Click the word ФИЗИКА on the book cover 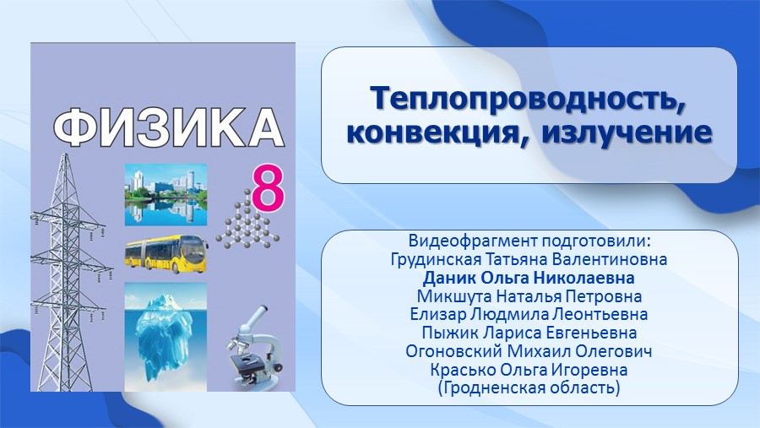168,127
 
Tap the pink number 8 268,189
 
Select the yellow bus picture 166,254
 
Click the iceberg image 166,337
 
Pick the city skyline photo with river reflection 166,194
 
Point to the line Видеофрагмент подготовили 529,241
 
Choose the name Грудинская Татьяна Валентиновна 529,259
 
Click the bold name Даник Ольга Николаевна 529,278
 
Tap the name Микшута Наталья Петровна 529,296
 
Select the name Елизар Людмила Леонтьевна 529,314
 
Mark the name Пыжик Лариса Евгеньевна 529,333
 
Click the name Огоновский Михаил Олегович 529,351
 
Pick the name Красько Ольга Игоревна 529,370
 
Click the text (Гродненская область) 529,388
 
